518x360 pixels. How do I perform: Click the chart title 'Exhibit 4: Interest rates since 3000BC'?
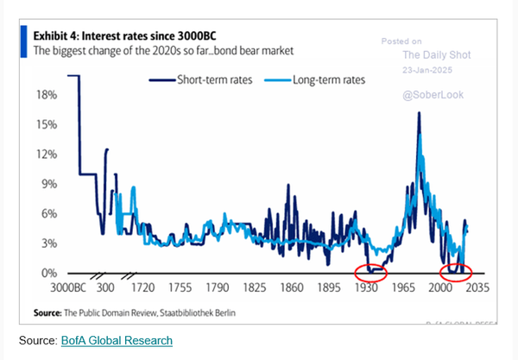coord(129,37)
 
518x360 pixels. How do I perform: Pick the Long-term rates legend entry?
coord(326,79)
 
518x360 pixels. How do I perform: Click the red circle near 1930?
coord(372,272)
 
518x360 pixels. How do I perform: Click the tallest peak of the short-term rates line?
coord(419,114)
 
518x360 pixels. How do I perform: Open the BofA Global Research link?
coord(117,341)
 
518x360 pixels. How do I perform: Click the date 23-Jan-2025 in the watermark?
coord(429,71)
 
